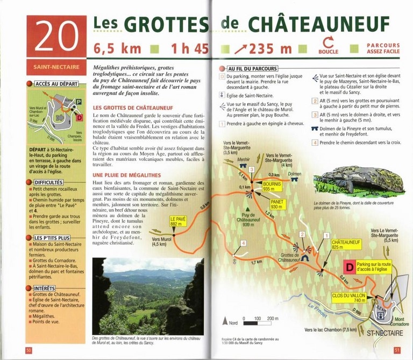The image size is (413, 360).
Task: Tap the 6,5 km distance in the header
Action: pyautogui.click(x=117, y=48)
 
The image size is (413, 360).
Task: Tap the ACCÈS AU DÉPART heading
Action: pyautogui.click(x=57, y=84)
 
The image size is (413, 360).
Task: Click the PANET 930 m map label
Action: pyautogui.click(x=276, y=204)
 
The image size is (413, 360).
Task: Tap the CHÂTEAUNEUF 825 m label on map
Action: pyautogui.click(x=346, y=244)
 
